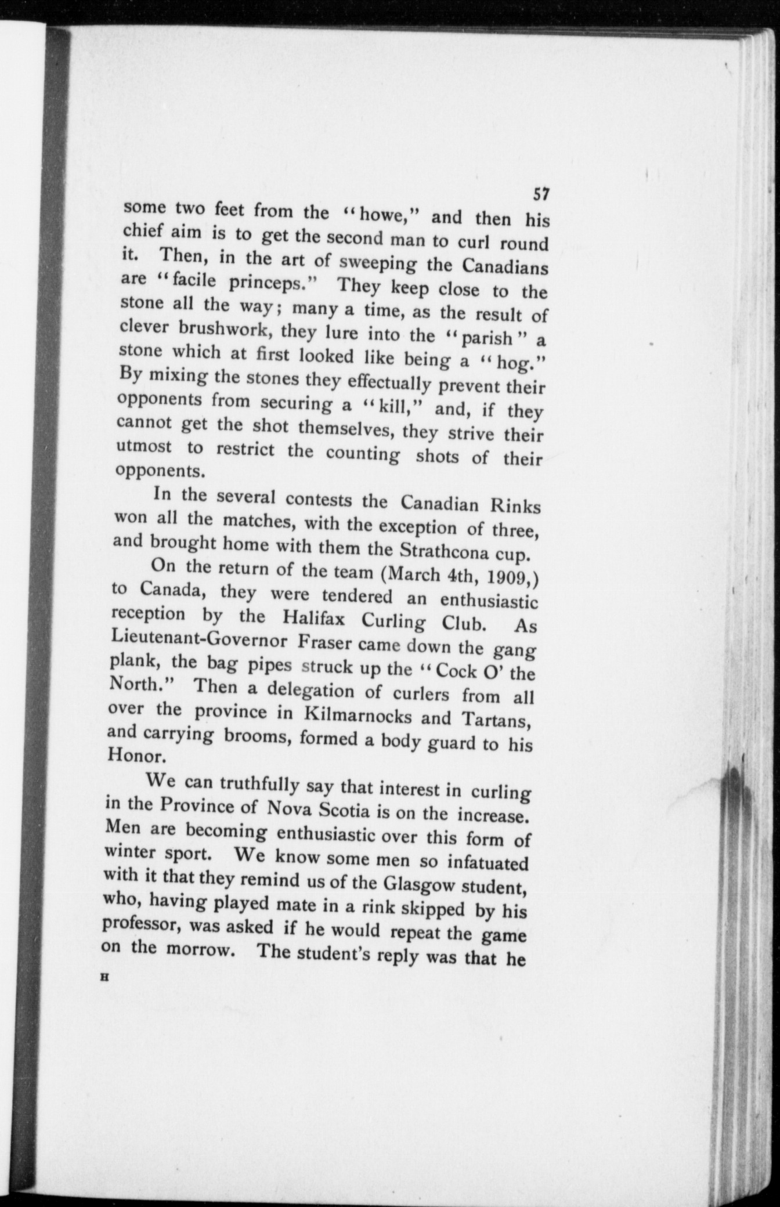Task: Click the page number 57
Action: [x=541, y=194]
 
